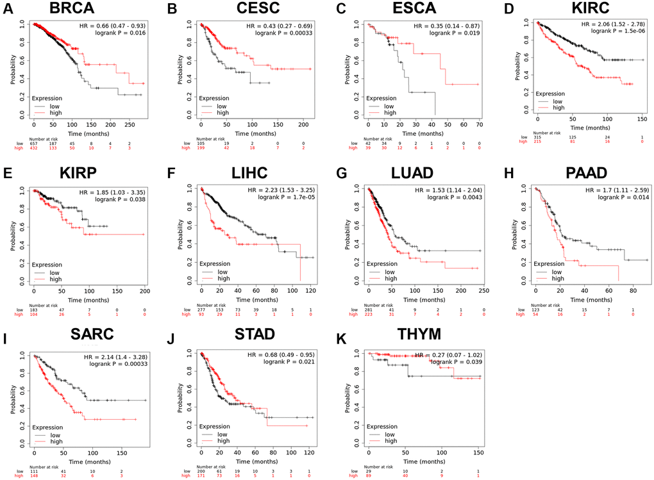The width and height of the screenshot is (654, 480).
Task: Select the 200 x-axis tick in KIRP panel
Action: pos(144,290)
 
